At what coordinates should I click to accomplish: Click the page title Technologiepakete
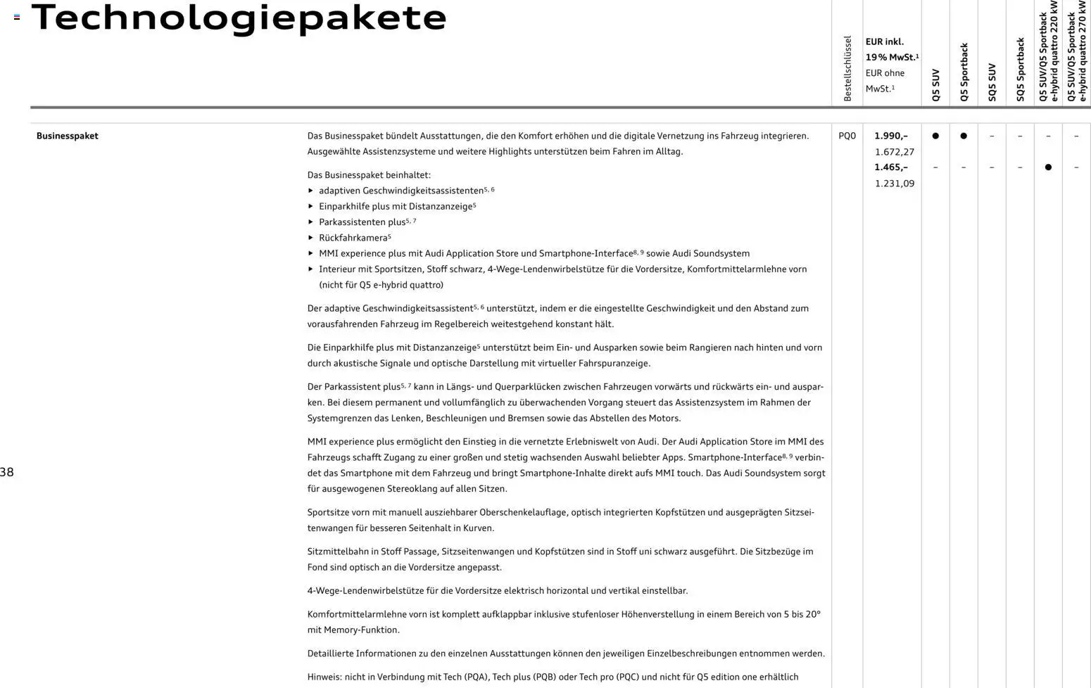[x=239, y=18]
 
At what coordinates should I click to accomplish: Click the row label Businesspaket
[x=67, y=136]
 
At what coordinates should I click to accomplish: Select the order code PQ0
[x=847, y=136]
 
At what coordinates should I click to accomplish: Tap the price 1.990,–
[x=891, y=136]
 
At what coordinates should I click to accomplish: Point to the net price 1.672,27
[x=894, y=152]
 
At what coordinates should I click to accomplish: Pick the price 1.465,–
[x=891, y=167]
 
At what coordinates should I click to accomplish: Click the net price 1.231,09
[x=894, y=184]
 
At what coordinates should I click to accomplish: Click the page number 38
[x=7, y=472]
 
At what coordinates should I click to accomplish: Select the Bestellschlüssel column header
[x=847, y=68]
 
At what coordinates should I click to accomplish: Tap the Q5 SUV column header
[x=935, y=84]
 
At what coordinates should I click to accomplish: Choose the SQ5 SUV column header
[x=992, y=82]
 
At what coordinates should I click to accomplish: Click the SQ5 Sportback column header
[x=1020, y=70]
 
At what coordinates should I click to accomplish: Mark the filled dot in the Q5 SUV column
[x=935, y=136]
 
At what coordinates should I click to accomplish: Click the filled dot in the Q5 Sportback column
[x=964, y=136]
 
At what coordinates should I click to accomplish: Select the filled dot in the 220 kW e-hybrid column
[x=1048, y=167]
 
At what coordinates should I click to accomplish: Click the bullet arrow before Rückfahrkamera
[x=310, y=238]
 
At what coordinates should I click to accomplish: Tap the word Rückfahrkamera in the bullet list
[x=353, y=238]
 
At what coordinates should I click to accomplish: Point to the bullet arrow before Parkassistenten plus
[x=310, y=222]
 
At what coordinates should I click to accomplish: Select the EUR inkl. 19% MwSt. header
[x=891, y=49]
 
